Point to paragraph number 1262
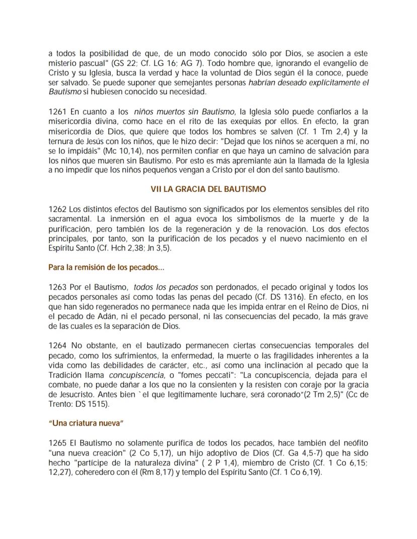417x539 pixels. tap(57, 208)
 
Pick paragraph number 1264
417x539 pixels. tap(57, 346)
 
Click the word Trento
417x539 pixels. tap(60, 404)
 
